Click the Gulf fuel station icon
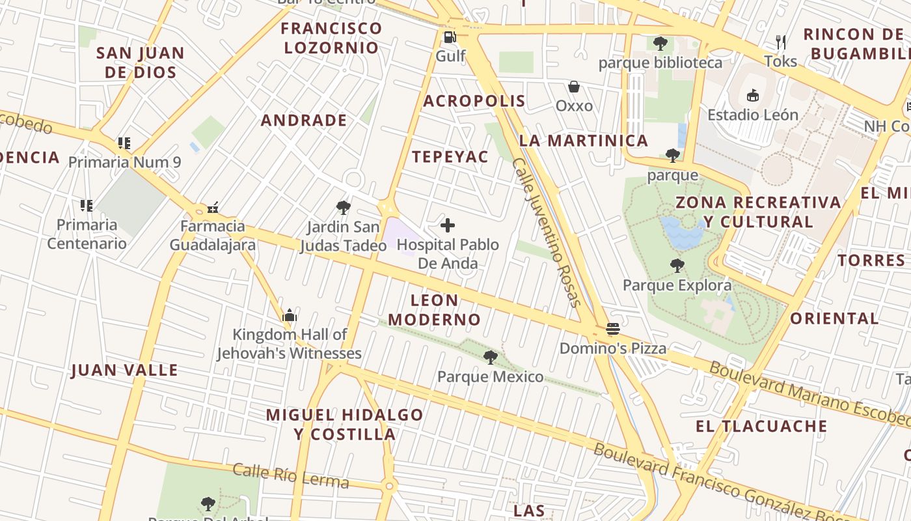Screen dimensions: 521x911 tap(449, 37)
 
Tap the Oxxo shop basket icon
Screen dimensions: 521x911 tap(574, 87)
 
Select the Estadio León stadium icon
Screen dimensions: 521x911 tap(753, 96)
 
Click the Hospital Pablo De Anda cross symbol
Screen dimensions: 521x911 tap(448, 226)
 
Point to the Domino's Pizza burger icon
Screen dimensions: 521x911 tap(613, 329)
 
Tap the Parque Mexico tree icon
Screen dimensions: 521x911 tap(491, 357)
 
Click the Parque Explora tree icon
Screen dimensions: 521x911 tap(677, 265)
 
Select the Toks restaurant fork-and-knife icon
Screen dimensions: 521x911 tap(781, 42)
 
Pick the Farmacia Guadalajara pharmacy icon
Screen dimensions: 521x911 tap(212, 208)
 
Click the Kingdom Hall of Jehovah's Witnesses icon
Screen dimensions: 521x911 tap(290, 316)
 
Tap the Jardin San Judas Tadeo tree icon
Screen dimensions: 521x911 tap(343, 208)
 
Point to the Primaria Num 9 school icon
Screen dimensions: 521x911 tap(124, 143)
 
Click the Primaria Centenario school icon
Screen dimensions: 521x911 tap(87, 206)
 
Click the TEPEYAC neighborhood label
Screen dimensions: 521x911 tap(450, 156)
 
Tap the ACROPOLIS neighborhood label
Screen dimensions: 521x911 tap(474, 101)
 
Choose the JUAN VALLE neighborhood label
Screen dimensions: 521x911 tap(124, 371)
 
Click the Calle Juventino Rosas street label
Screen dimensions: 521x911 tap(546, 232)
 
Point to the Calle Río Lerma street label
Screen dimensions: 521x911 tap(290, 476)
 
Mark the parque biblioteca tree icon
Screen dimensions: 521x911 tap(660, 44)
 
